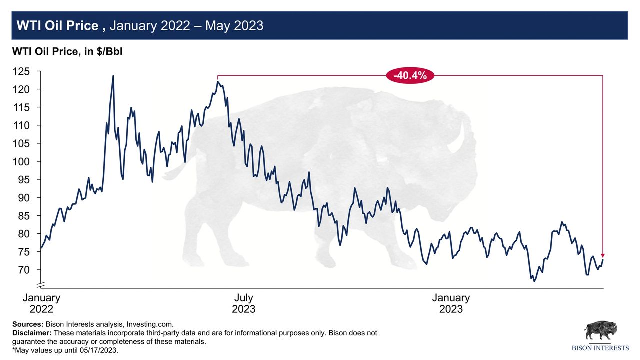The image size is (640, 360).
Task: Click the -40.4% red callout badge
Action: tap(410, 76)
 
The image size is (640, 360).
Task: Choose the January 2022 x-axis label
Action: tap(41, 303)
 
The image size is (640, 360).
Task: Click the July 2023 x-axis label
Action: tap(244, 303)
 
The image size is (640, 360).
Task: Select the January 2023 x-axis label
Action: tap(451, 303)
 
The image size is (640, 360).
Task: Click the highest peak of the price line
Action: tap(113, 76)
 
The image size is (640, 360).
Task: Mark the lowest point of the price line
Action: tap(534, 281)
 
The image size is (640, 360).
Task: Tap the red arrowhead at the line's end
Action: tap(603, 254)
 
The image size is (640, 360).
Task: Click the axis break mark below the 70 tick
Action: tap(41, 285)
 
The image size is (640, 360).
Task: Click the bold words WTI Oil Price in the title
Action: tap(57, 26)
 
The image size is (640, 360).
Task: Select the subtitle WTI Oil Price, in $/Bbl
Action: tap(67, 51)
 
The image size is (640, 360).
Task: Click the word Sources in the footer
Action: tap(27, 324)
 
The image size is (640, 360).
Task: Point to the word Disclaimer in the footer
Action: tap(31, 333)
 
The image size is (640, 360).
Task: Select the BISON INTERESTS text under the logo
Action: tap(600, 348)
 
